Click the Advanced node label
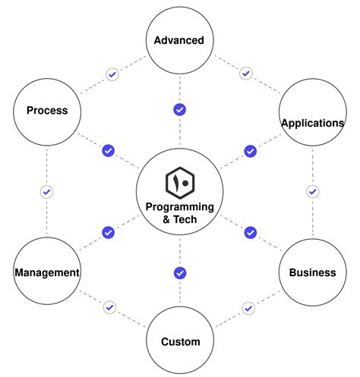click(x=179, y=40)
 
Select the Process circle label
click(x=47, y=111)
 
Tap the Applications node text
click(x=312, y=122)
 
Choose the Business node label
click(x=312, y=272)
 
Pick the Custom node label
click(x=180, y=341)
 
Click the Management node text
click(x=47, y=272)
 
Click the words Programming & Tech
click(x=180, y=213)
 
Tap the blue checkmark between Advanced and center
click(x=180, y=110)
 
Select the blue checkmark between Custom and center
click(x=180, y=272)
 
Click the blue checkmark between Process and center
click(x=109, y=151)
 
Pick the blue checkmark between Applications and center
click(x=250, y=151)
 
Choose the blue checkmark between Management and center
click(x=109, y=232)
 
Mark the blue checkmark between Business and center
click(x=250, y=232)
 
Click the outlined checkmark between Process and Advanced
click(x=112, y=74)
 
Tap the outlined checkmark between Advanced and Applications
click(x=245, y=74)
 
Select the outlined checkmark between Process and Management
click(x=46, y=192)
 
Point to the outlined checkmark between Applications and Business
click(x=312, y=192)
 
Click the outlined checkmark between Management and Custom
click(x=110, y=308)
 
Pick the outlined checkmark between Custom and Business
click(x=248, y=308)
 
